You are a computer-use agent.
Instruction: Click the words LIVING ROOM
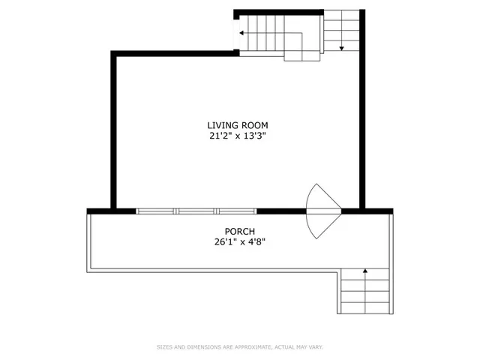coord(238,125)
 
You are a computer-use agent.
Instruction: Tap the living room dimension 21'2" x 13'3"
coord(238,136)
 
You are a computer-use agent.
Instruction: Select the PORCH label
coord(239,231)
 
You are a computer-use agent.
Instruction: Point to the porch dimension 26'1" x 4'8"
coord(239,242)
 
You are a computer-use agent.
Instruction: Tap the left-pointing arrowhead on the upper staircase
coord(241,33)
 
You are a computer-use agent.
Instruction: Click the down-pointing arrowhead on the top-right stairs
coord(342,48)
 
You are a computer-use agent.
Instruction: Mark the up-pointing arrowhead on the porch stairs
coord(365,270)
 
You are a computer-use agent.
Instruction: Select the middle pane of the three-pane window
coord(196,211)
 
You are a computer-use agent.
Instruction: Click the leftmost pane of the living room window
coord(157,211)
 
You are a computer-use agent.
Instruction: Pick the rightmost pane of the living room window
coord(236,211)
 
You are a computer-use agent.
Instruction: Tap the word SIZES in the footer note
coord(164,347)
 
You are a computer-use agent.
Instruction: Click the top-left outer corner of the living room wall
coord(113,52)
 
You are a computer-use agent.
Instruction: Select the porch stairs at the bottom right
coord(365,292)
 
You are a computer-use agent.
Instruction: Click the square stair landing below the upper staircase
coord(303,50)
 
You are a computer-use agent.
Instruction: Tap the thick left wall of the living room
coord(113,131)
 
